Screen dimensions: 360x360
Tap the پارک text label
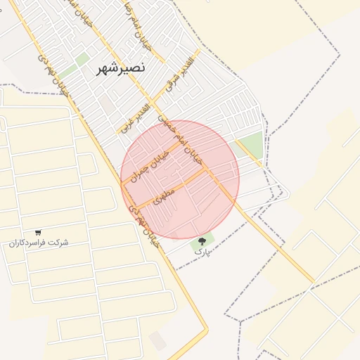click(x=202, y=251)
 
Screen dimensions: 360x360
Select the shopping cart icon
click(x=38, y=232)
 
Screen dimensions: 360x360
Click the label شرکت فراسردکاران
click(x=39, y=243)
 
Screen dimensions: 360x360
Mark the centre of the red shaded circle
click(x=180, y=179)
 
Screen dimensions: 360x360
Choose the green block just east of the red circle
click(x=250, y=143)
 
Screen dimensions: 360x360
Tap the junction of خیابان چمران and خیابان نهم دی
click(x=122, y=184)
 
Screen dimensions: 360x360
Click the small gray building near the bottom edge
click(x=158, y=341)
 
